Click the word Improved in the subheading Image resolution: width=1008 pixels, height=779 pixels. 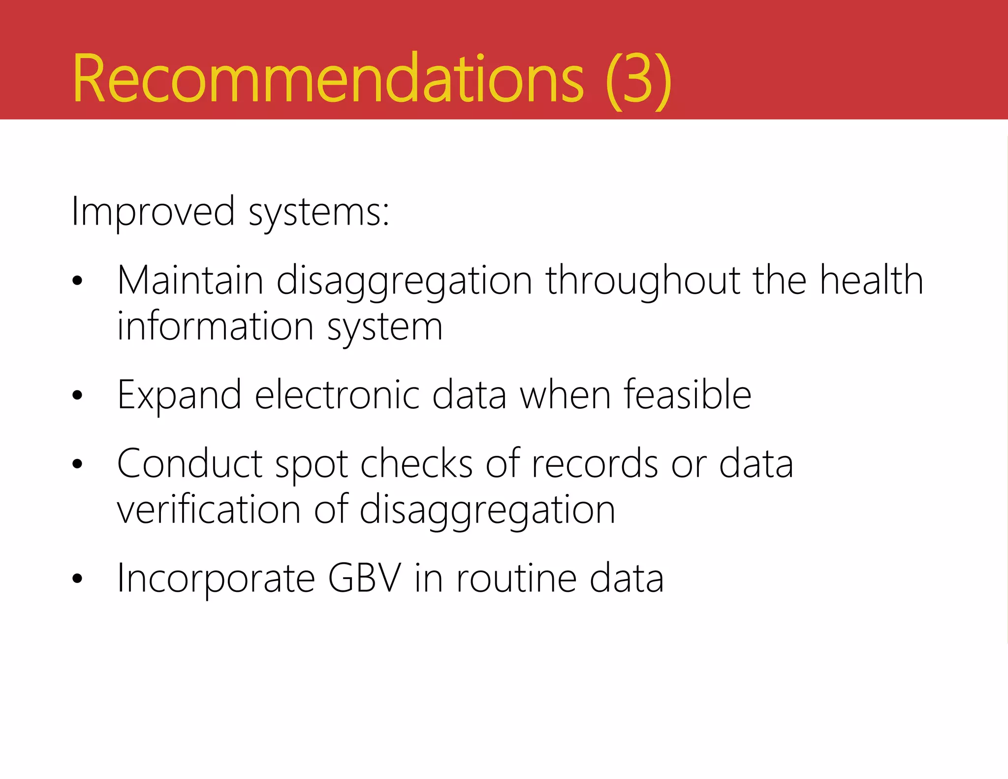pyautogui.click(x=153, y=212)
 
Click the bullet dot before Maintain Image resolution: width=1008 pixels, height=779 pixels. pyautogui.click(x=77, y=281)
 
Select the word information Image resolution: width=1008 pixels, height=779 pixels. pyautogui.click(x=216, y=326)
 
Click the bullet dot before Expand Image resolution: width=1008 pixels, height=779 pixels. pyautogui.click(x=77, y=395)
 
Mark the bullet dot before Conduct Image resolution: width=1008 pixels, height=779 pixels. pyautogui.click(x=77, y=464)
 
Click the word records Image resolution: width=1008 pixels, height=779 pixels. pyautogui.click(x=595, y=464)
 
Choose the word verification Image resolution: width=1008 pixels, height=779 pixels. pyautogui.click(x=209, y=510)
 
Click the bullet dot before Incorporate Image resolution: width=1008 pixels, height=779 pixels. pyautogui.click(x=77, y=579)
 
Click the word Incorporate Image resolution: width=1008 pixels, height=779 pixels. pyautogui.click(x=216, y=579)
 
